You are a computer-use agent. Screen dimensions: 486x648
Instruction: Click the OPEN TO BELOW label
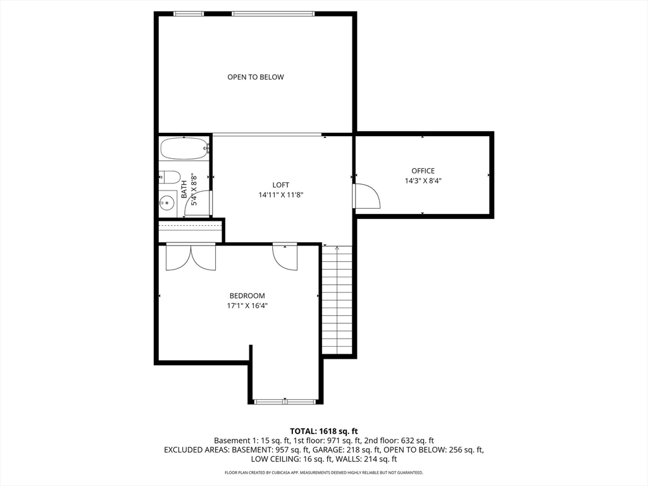(x=256, y=77)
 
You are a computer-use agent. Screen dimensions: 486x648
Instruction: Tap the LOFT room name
(x=281, y=185)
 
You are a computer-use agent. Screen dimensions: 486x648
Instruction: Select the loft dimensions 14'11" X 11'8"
(x=281, y=195)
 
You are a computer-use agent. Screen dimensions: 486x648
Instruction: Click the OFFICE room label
(x=423, y=171)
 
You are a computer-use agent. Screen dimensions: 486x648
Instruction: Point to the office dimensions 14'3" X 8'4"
(x=423, y=181)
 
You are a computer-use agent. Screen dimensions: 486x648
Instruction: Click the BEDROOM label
(x=247, y=296)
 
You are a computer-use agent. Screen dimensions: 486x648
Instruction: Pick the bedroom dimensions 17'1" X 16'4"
(x=247, y=306)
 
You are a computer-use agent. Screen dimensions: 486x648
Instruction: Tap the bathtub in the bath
(x=184, y=149)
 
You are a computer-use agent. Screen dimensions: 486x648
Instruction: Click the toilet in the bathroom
(x=169, y=177)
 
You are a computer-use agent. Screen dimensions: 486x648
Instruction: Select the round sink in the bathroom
(x=167, y=203)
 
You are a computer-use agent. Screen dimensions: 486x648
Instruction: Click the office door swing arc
(x=366, y=196)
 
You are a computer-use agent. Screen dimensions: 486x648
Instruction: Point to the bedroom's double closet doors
(x=190, y=256)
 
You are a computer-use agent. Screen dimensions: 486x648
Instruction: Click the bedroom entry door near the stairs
(x=285, y=256)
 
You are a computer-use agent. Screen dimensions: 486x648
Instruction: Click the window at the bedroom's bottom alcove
(x=285, y=401)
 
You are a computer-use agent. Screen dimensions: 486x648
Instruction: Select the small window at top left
(x=189, y=13)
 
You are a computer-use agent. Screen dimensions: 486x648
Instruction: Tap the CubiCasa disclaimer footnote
(x=324, y=473)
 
